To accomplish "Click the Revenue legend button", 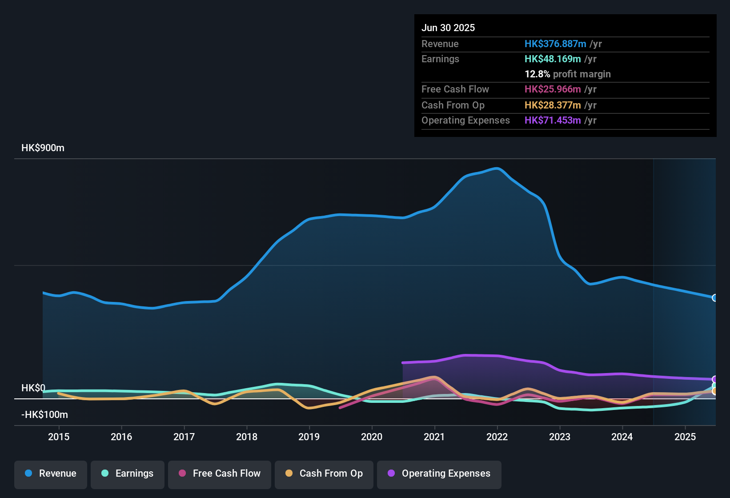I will coord(51,474).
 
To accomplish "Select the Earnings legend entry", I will coord(128,474).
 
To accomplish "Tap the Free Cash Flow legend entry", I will coord(220,474).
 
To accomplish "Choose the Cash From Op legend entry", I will coord(324,474).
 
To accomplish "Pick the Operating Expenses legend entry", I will coord(439,474).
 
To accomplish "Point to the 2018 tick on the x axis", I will coord(247,437).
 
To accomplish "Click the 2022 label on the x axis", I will coord(497,437).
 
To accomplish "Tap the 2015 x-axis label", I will coord(59,437).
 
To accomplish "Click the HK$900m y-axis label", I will coord(43,148).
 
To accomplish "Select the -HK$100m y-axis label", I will coord(44,415).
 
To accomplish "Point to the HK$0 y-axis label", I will coord(33,388).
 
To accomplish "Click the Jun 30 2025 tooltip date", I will coord(448,28).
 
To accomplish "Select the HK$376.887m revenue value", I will coord(555,44).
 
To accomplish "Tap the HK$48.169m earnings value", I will coord(553,59).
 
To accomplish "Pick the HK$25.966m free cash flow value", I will coord(553,89).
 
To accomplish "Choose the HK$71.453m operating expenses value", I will coord(553,120).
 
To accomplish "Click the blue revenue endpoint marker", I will coord(715,298).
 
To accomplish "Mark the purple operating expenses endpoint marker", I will coord(715,379).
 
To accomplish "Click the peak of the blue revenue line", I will coord(497,168).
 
